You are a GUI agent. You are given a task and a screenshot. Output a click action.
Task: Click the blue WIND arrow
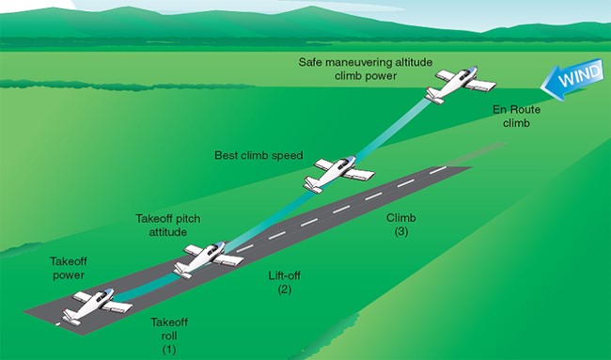pyautogui.click(x=572, y=81)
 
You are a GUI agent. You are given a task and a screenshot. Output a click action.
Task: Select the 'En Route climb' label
pyautogui.click(x=518, y=116)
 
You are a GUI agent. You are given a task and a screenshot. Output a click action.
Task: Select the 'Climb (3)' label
pyautogui.click(x=401, y=224)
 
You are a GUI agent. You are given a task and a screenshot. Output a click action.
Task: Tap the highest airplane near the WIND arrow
pyautogui.click(x=458, y=85)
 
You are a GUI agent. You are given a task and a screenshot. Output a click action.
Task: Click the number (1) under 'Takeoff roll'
pyautogui.click(x=169, y=349)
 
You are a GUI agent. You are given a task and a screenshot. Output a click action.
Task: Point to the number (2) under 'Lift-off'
pyautogui.click(x=287, y=290)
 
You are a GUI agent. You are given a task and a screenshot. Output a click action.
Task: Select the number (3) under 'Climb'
pyautogui.click(x=401, y=231)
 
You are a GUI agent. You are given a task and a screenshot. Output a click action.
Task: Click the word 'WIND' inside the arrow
pyautogui.click(x=574, y=81)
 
